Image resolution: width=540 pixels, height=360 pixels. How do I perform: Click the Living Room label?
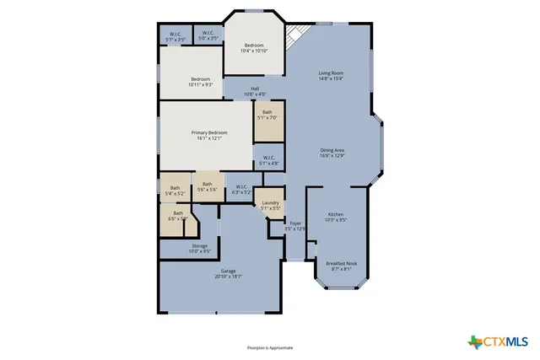coord(331,73)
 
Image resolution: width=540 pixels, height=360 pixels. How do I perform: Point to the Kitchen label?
coord(336,215)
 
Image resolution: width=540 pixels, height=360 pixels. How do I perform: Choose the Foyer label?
coord(294,225)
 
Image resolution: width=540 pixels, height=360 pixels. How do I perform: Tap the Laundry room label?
coord(271,203)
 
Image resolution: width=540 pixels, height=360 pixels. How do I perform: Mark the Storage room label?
coord(198,246)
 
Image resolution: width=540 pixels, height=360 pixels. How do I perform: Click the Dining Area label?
coord(332,150)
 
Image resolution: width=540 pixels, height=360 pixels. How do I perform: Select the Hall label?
coord(255,89)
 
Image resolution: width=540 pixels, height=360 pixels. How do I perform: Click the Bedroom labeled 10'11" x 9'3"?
coord(200,79)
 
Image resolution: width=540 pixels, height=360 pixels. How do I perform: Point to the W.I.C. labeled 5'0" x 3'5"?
coord(208,34)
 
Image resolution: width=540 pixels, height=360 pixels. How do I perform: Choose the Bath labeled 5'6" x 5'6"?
coord(208,185)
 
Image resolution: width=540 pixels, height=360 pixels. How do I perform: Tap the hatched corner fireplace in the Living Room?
coord(294,36)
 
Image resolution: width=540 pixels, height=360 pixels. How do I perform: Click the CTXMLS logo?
coord(498,341)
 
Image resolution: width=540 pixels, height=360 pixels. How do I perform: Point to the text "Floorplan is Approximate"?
coord(269,347)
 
